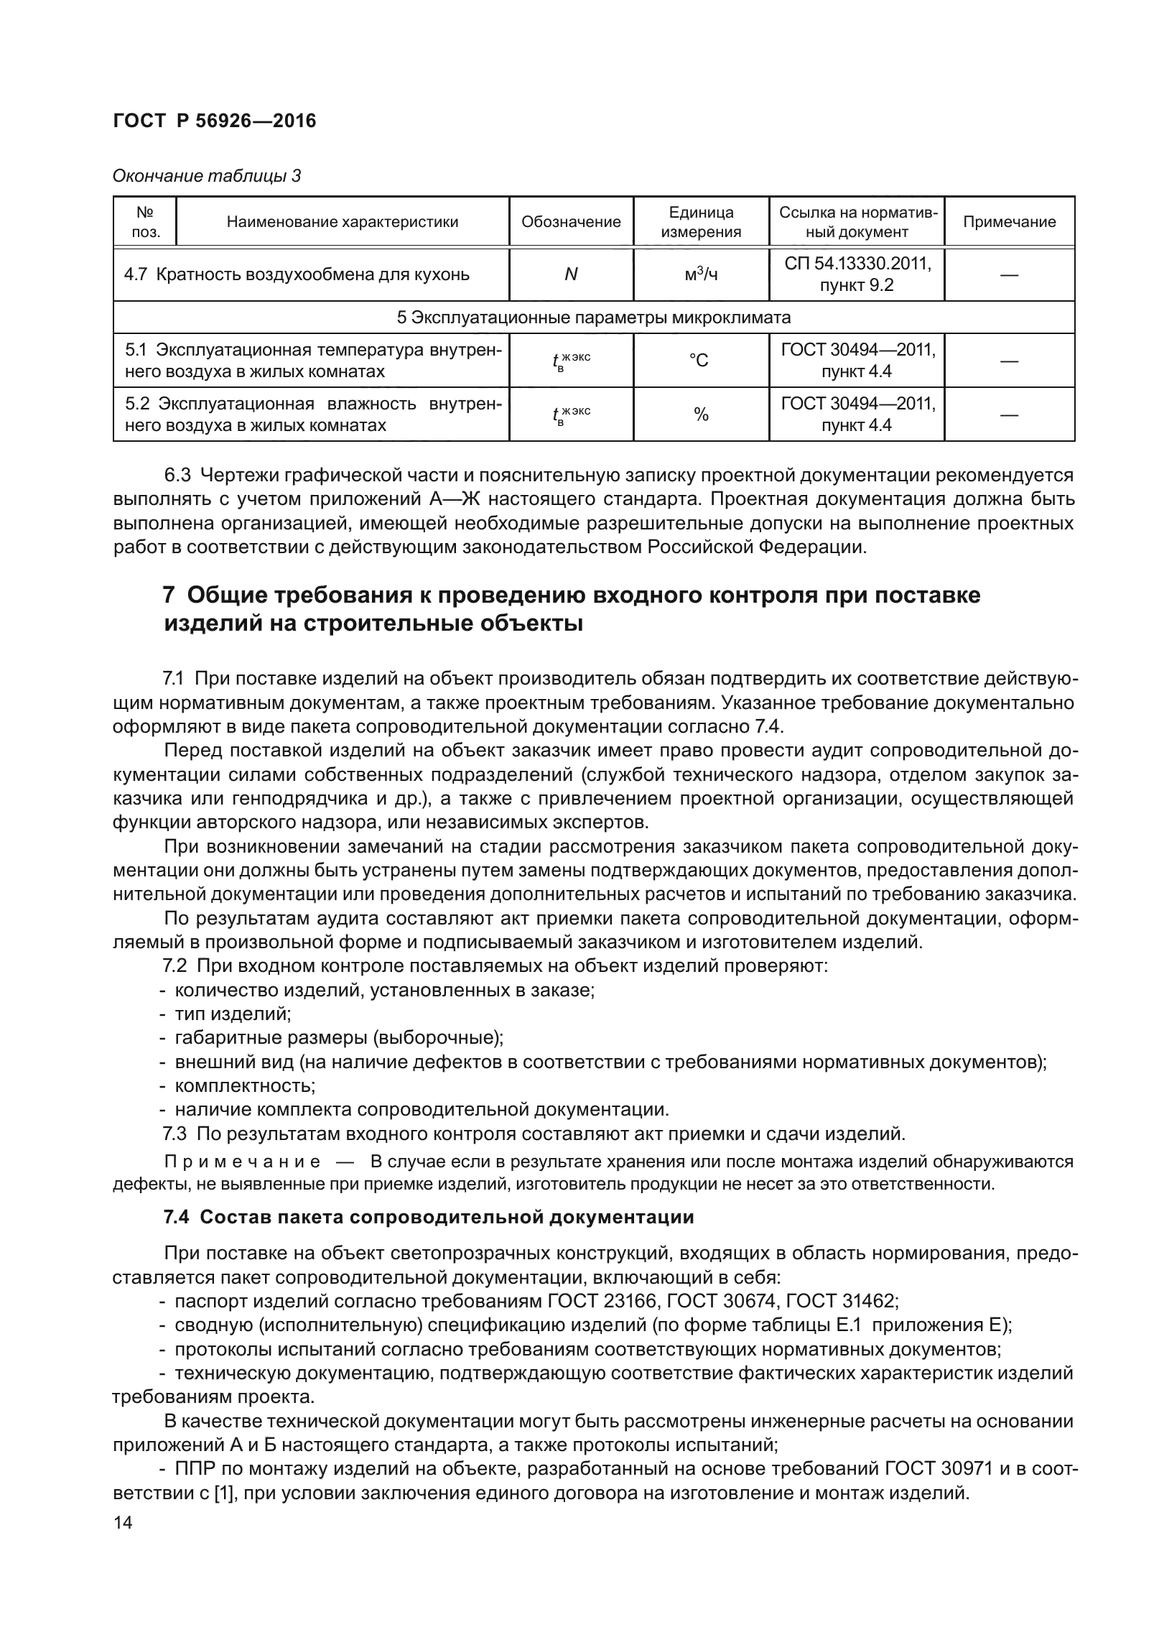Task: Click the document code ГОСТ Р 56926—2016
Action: [x=214, y=121]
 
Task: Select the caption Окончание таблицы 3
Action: [x=207, y=176]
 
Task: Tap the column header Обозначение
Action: [x=571, y=222]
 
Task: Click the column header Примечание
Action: [x=1009, y=222]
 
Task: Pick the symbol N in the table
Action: [x=571, y=274]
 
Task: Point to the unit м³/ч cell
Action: [x=700, y=274]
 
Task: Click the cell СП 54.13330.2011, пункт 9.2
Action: [x=856, y=274]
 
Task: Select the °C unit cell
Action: [x=700, y=361]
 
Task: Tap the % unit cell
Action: [x=700, y=414]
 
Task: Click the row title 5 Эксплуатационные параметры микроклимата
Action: [x=593, y=318]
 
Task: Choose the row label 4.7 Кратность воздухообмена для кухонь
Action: [x=297, y=274]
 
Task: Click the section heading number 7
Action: [x=169, y=596]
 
